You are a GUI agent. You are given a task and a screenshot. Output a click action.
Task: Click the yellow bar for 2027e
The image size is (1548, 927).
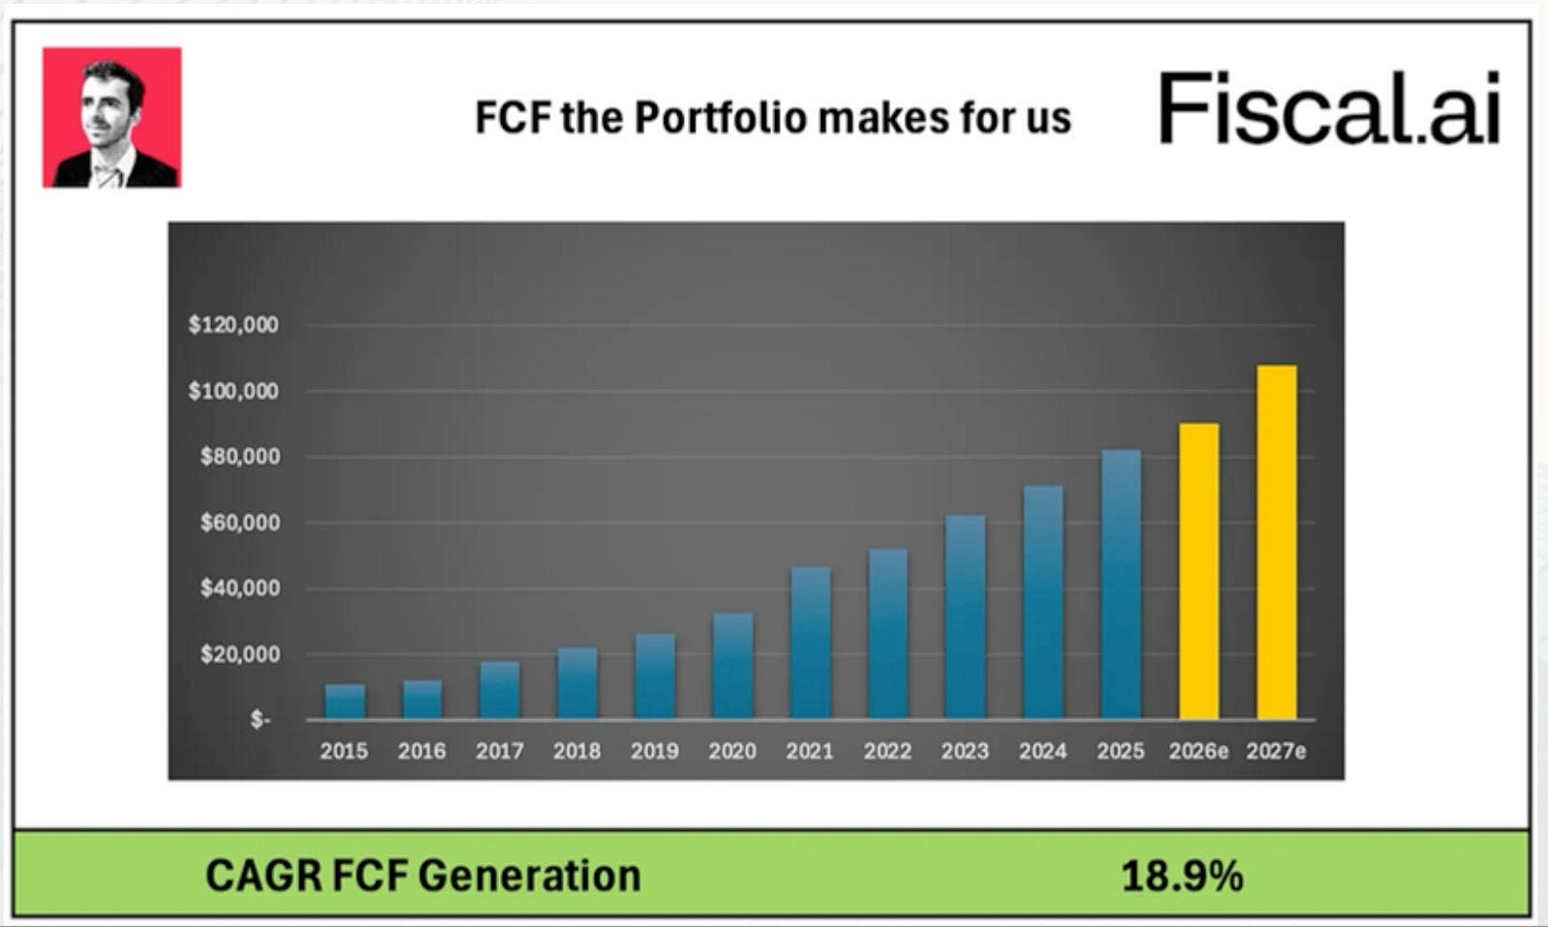point(1276,543)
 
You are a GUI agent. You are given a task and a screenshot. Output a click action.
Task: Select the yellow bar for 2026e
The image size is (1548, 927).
point(1199,572)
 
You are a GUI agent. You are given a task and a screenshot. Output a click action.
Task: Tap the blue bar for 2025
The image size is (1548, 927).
point(1121,584)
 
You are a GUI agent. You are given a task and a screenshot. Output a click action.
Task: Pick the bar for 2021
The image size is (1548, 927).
point(811,643)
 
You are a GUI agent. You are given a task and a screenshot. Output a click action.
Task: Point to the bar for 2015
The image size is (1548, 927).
point(344,703)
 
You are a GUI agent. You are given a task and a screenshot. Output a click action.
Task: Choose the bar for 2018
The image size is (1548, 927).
point(578,684)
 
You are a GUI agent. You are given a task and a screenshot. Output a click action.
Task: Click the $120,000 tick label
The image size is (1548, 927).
point(233,325)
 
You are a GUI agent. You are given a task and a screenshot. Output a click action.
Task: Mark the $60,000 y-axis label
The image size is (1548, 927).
point(241,523)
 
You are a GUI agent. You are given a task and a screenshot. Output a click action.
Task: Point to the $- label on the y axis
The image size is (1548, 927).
point(260,720)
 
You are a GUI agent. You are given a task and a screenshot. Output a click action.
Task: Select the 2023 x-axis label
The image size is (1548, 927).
point(965,751)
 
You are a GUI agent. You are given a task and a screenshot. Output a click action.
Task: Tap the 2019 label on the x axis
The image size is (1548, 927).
point(654,751)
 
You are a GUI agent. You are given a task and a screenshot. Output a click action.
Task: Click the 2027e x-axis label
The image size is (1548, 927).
point(1276,751)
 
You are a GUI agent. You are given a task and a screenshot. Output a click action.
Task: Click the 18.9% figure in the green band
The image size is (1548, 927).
point(1181,876)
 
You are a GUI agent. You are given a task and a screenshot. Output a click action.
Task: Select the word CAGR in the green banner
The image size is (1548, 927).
point(263,876)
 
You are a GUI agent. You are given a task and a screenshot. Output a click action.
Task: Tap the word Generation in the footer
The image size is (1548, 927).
point(529,876)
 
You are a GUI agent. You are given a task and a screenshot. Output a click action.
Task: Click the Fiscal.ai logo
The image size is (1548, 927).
point(1329,107)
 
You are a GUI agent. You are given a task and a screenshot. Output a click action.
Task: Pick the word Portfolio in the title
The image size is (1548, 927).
point(721,117)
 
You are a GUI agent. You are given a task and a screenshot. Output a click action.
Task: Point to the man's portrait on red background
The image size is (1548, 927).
point(112,117)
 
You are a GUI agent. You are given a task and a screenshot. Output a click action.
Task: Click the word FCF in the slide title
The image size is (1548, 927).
point(514,117)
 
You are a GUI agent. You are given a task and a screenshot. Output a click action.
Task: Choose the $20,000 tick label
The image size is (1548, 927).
point(241,654)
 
